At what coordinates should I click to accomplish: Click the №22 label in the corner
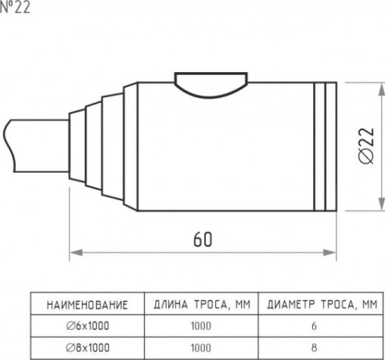[x=15, y=7]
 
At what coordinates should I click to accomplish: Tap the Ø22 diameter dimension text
[x=367, y=146]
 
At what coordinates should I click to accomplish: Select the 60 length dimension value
[x=202, y=239]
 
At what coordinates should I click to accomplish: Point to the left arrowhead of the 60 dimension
[x=76, y=252]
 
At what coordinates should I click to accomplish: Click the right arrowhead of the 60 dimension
[x=330, y=252]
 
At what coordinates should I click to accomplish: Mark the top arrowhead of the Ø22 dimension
[x=381, y=89]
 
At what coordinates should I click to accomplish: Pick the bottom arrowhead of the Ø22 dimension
[x=381, y=204]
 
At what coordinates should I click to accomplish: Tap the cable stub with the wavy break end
[x=36, y=146]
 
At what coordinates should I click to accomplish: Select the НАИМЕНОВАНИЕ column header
[x=87, y=305]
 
